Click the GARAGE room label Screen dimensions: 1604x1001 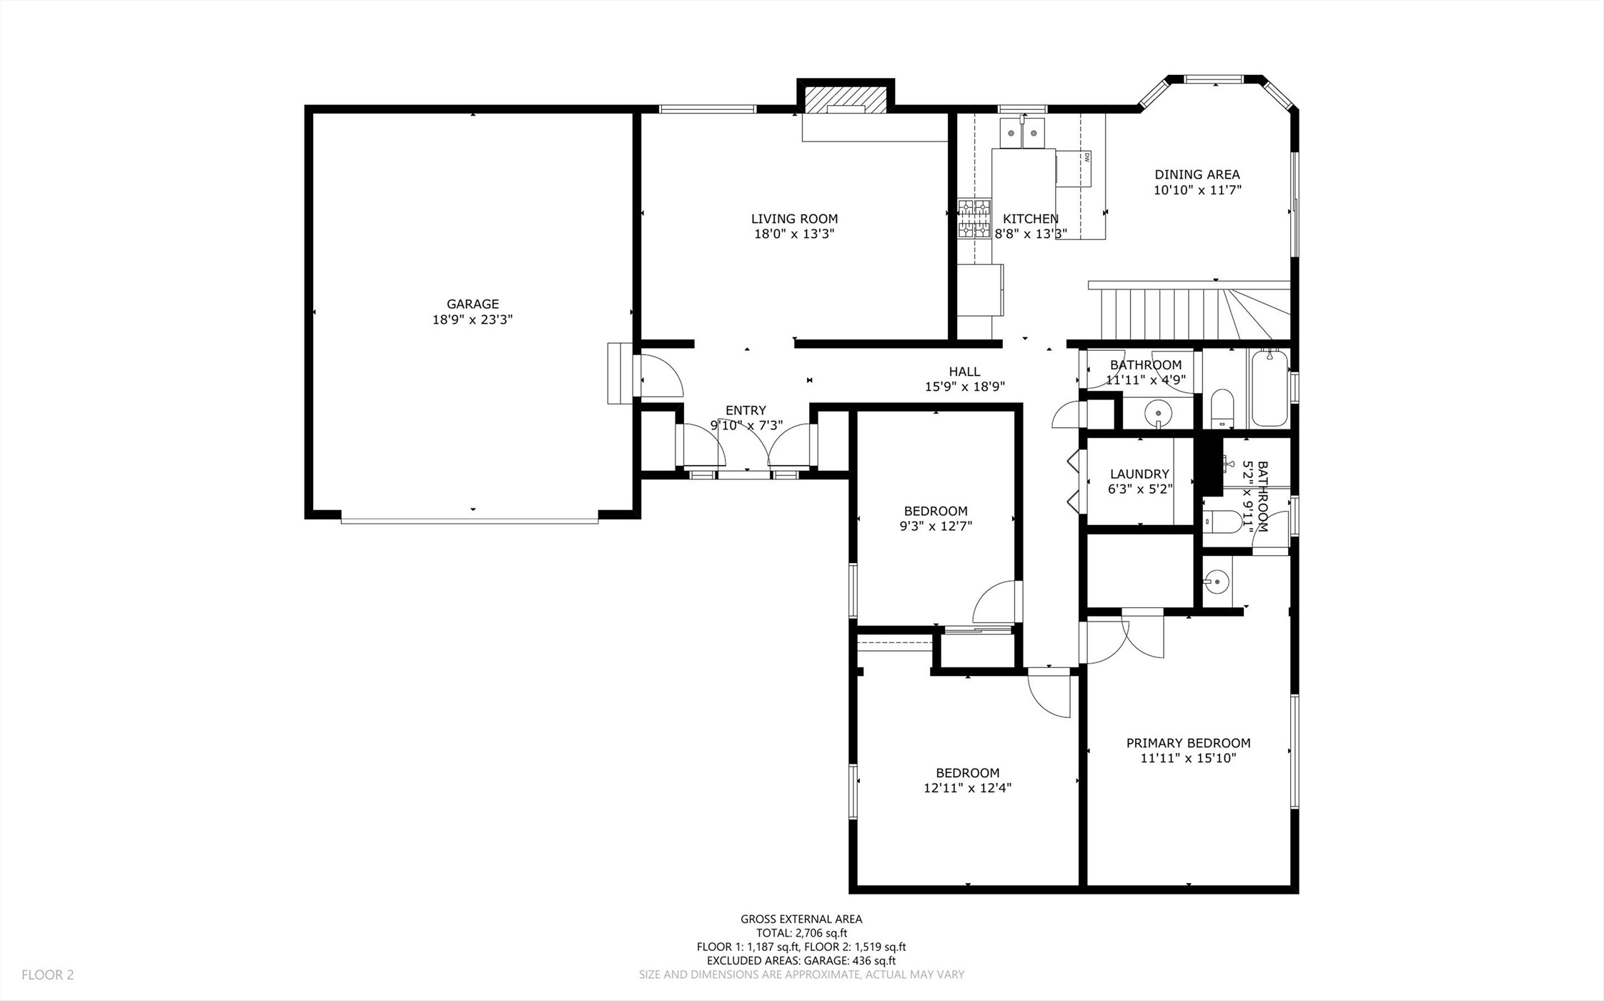click(472, 304)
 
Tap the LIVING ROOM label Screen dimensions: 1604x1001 click(794, 219)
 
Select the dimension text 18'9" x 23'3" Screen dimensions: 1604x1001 click(472, 319)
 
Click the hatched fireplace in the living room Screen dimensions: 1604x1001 click(846, 100)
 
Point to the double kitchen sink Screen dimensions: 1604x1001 click(1022, 133)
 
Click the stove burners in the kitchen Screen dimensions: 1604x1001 click(974, 219)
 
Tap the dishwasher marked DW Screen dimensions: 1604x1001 click(1074, 168)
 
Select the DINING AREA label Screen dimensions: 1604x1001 click(1197, 174)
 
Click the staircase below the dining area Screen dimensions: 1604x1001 click(1189, 311)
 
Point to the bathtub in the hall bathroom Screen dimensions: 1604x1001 click(1269, 388)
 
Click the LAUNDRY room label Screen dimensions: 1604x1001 click(1139, 474)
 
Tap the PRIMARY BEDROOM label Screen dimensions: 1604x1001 click(1188, 743)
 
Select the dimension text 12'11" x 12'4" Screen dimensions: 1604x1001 click(967, 788)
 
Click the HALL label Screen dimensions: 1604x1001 click(964, 372)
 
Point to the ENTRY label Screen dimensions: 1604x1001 click(746, 410)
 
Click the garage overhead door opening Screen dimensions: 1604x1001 click(470, 520)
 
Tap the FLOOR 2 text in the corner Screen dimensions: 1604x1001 click(47, 975)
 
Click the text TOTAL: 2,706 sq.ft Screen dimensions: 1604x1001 click(801, 933)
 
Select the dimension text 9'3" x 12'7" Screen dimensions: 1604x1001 click(936, 527)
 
